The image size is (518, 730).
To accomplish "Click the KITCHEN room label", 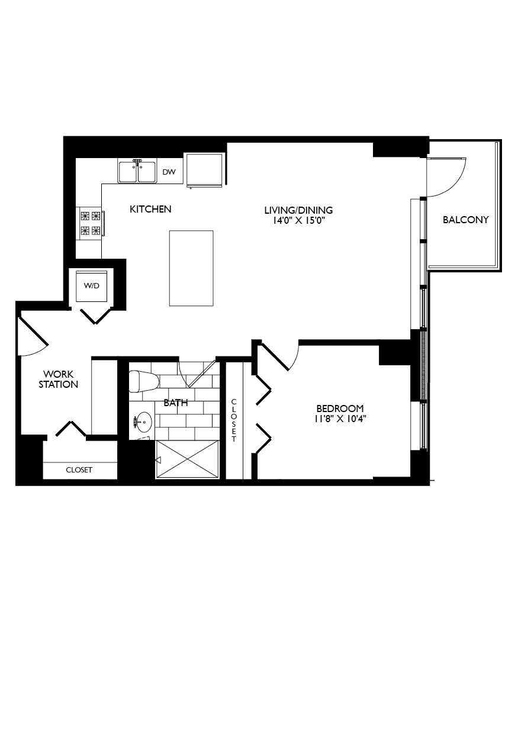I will pyautogui.click(x=150, y=209).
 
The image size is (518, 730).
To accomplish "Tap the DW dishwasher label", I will pyautogui.click(x=169, y=172).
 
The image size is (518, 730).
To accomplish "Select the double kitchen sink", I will pyautogui.click(x=137, y=172).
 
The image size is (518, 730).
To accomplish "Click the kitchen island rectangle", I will pyautogui.click(x=191, y=268).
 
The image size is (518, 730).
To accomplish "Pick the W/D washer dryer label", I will pyautogui.click(x=91, y=286).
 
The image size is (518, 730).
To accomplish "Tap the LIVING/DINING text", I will pyautogui.click(x=298, y=210).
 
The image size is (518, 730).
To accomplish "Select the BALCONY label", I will pyautogui.click(x=466, y=220).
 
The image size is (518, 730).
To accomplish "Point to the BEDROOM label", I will pyautogui.click(x=340, y=409).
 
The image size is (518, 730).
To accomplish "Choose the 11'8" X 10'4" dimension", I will pyautogui.click(x=340, y=419).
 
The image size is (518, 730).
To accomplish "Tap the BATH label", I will pyautogui.click(x=176, y=403).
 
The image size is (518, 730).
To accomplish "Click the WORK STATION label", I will pyautogui.click(x=60, y=379).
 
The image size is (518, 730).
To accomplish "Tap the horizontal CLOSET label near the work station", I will pyautogui.click(x=79, y=469).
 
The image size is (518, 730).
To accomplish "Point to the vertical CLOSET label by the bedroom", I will pyautogui.click(x=234, y=420).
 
